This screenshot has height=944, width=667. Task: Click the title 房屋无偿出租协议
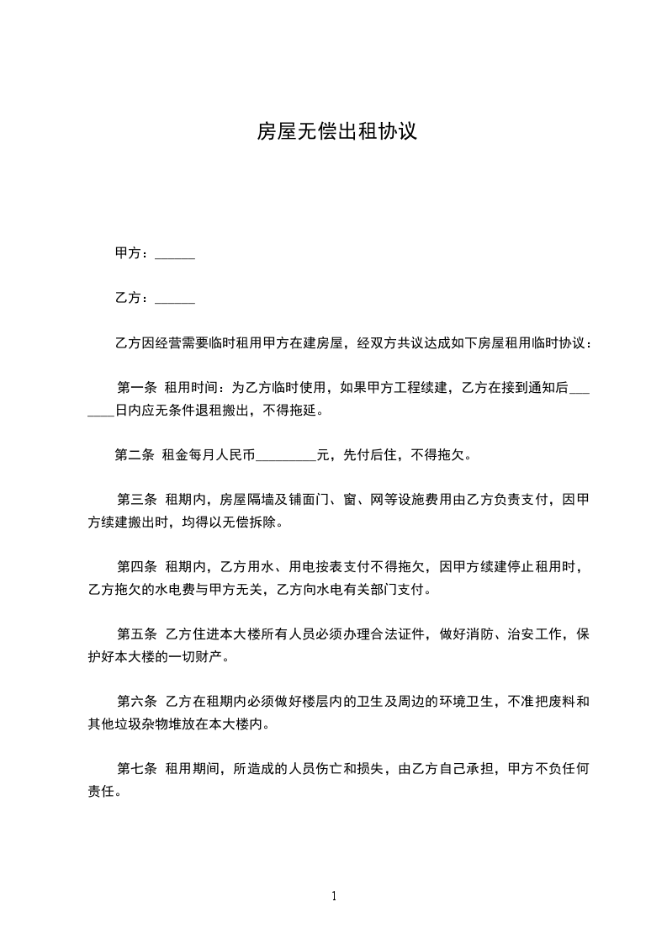336,133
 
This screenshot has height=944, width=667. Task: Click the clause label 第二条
134,456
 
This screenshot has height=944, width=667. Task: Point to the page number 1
334,896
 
